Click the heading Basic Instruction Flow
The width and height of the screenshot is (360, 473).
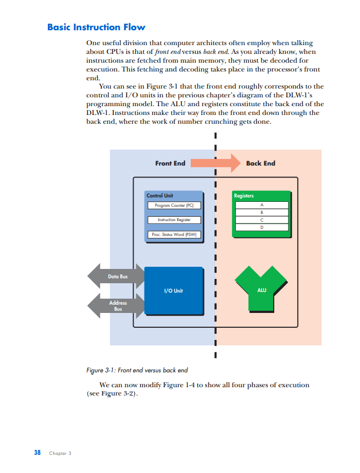tap(96, 27)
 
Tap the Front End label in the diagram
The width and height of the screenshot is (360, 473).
tap(170, 163)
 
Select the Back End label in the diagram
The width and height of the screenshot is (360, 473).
tap(261, 163)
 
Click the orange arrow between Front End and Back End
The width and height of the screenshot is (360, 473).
tap(216, 163)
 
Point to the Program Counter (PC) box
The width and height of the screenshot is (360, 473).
tap(174, 206)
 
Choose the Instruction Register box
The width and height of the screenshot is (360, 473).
tap(174, 220)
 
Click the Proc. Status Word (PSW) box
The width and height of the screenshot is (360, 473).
tap(174, 235)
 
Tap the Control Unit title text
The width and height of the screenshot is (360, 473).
tap(160, 196)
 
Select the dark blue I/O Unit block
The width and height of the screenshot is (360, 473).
tap(174, 290)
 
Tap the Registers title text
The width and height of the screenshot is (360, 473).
tap(244, 196)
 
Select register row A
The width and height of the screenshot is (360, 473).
tap(262, 205)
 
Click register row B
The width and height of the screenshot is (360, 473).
tap(262, 212)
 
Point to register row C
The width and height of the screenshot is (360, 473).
tap(262, 219)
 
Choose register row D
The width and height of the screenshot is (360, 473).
tap(262, 227)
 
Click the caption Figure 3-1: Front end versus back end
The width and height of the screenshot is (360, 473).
tap(137, 370)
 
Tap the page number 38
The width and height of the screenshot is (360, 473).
tap(37, 453)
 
